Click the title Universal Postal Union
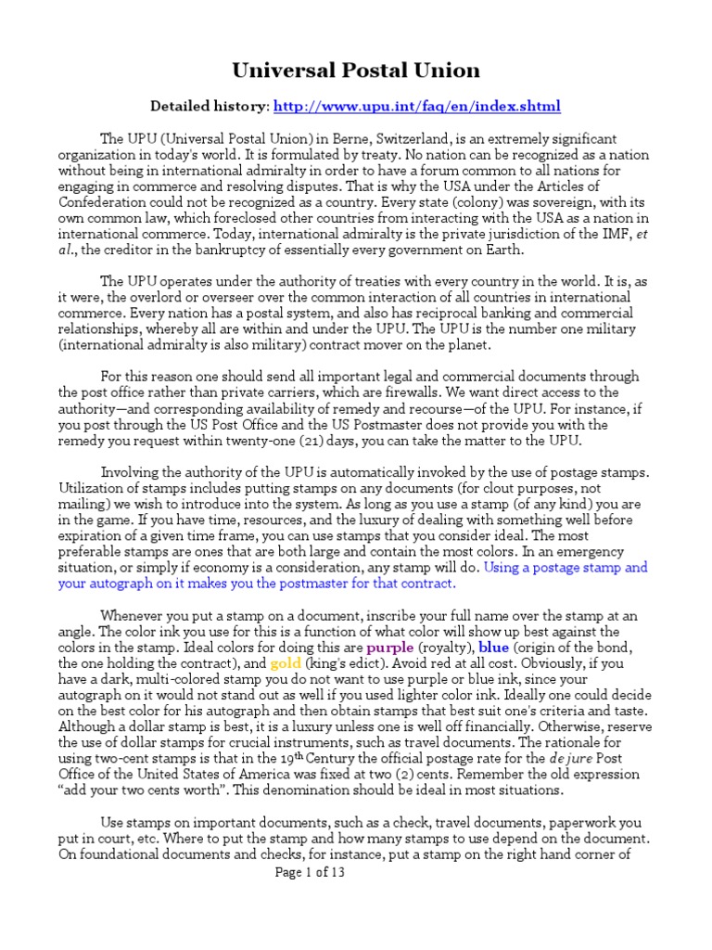click(x=355, y=70)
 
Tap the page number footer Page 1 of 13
click(x=311, y=873)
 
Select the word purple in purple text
click(x=389, y=647)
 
